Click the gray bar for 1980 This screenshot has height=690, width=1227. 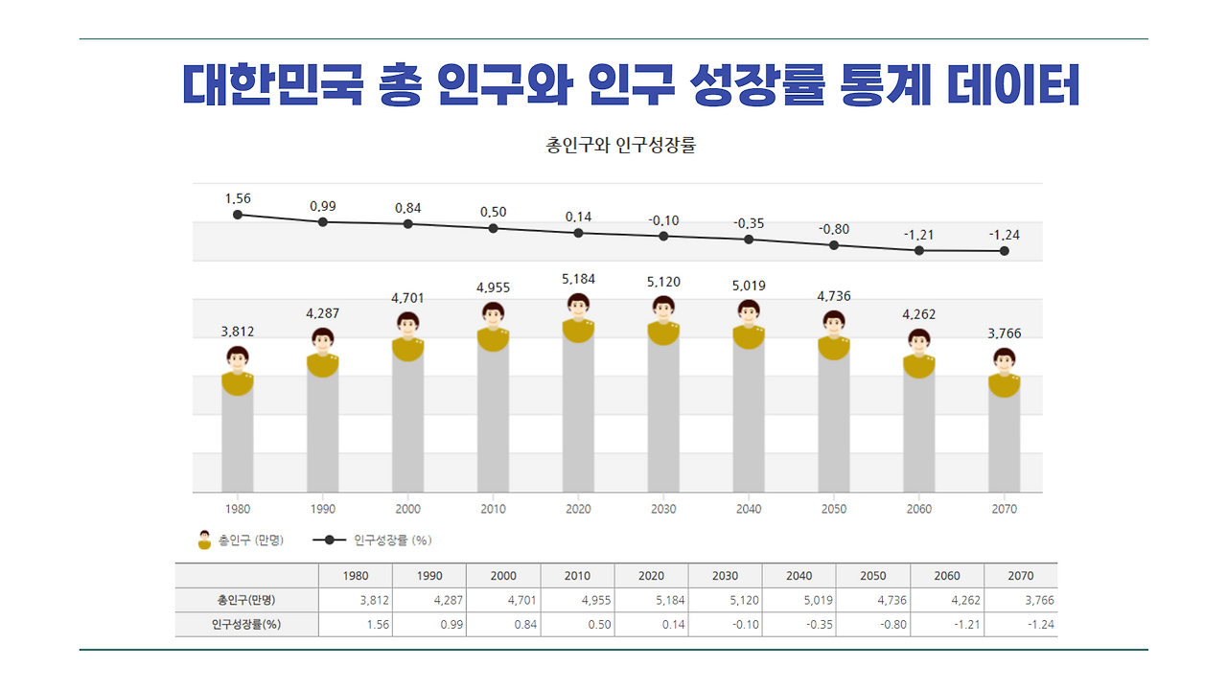(x=238, y=441)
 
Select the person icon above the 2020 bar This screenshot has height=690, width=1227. (x=578, y=317)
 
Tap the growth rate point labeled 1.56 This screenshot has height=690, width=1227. (x=238, y=215)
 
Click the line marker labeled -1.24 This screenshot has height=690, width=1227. (x=1005, y=251)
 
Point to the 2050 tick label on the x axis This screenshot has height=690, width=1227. (x=834, y=509)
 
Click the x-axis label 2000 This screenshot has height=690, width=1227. (x=407, y=509)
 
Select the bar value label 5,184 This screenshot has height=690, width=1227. (x=578, y=279)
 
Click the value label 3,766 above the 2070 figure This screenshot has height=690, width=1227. (x=1005, y=333)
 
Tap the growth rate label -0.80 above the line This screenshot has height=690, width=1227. (x=834, y=229)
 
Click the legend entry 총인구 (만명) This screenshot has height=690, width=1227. (x=241, y=540)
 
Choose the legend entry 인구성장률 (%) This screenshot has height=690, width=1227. (x=373, y=540)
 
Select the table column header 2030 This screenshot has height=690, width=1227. (x=725, y=576)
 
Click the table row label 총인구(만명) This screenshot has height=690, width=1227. (x=246, y=601)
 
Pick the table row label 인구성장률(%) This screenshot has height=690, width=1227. (x=246, y=625)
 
